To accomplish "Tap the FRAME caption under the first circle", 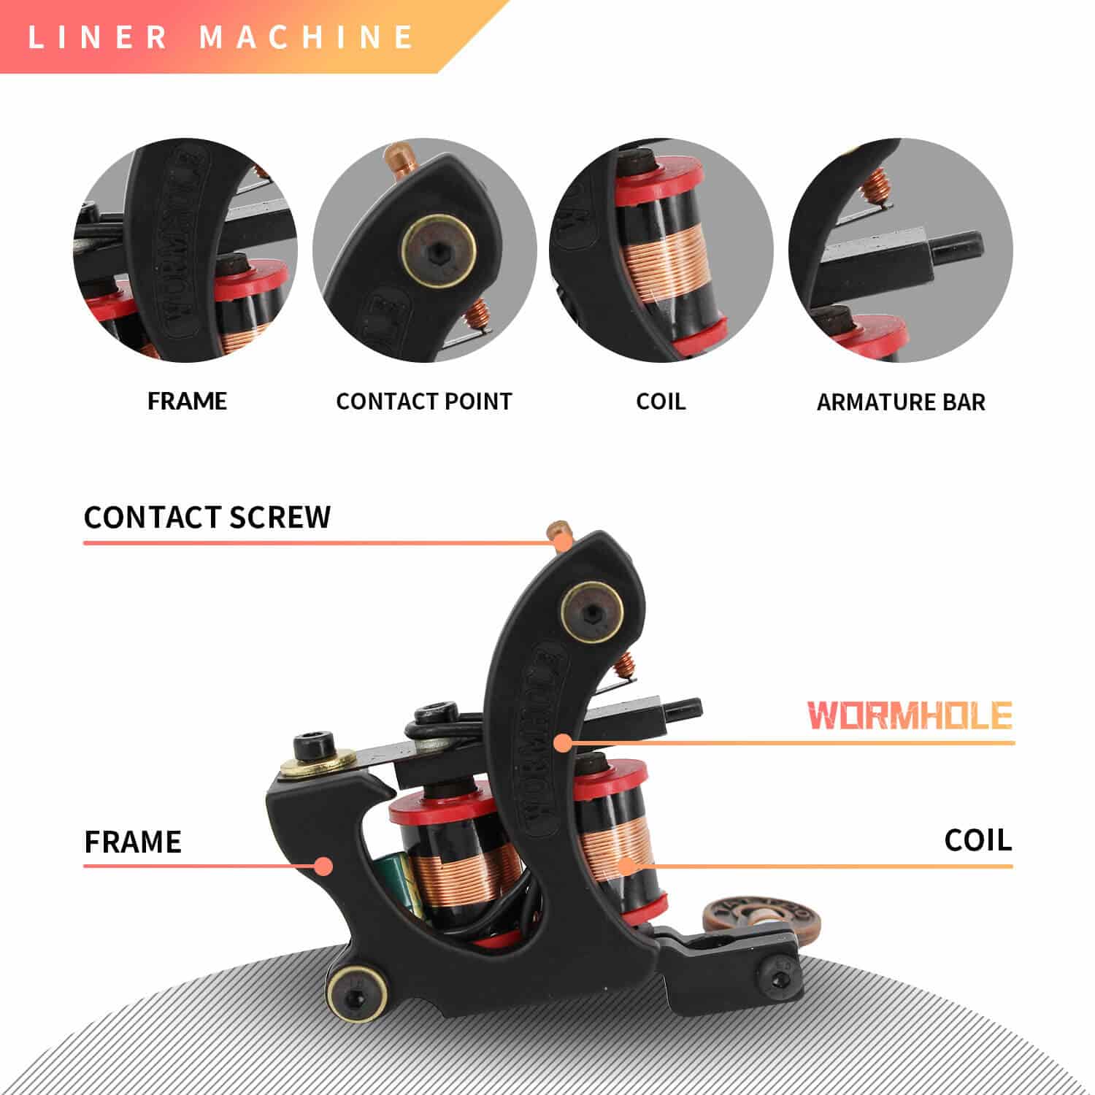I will pyautogui.click(x=187, y=401).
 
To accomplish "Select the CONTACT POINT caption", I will pyautogui.click(x=424, y=401).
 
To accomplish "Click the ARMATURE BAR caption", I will pyautogui.click(x=900, y=402).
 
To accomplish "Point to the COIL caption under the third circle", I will pyautogui.click(x=661, y=401).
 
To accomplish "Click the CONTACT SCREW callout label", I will pyautogui.click(x=207, y=517).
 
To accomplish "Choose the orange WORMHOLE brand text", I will pyautogui.click(x=910, y=715).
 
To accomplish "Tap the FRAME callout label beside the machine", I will pyautogui.click(x=133, y=842).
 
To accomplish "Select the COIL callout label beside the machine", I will pyautogui.click(x=977, y=840).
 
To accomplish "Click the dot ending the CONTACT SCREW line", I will pyautogui.click(x=562, y=542).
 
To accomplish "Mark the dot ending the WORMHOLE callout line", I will pyautogui.click(x=561, y=743).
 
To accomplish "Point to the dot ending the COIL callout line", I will pyautogui.click(x=626, y=867).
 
